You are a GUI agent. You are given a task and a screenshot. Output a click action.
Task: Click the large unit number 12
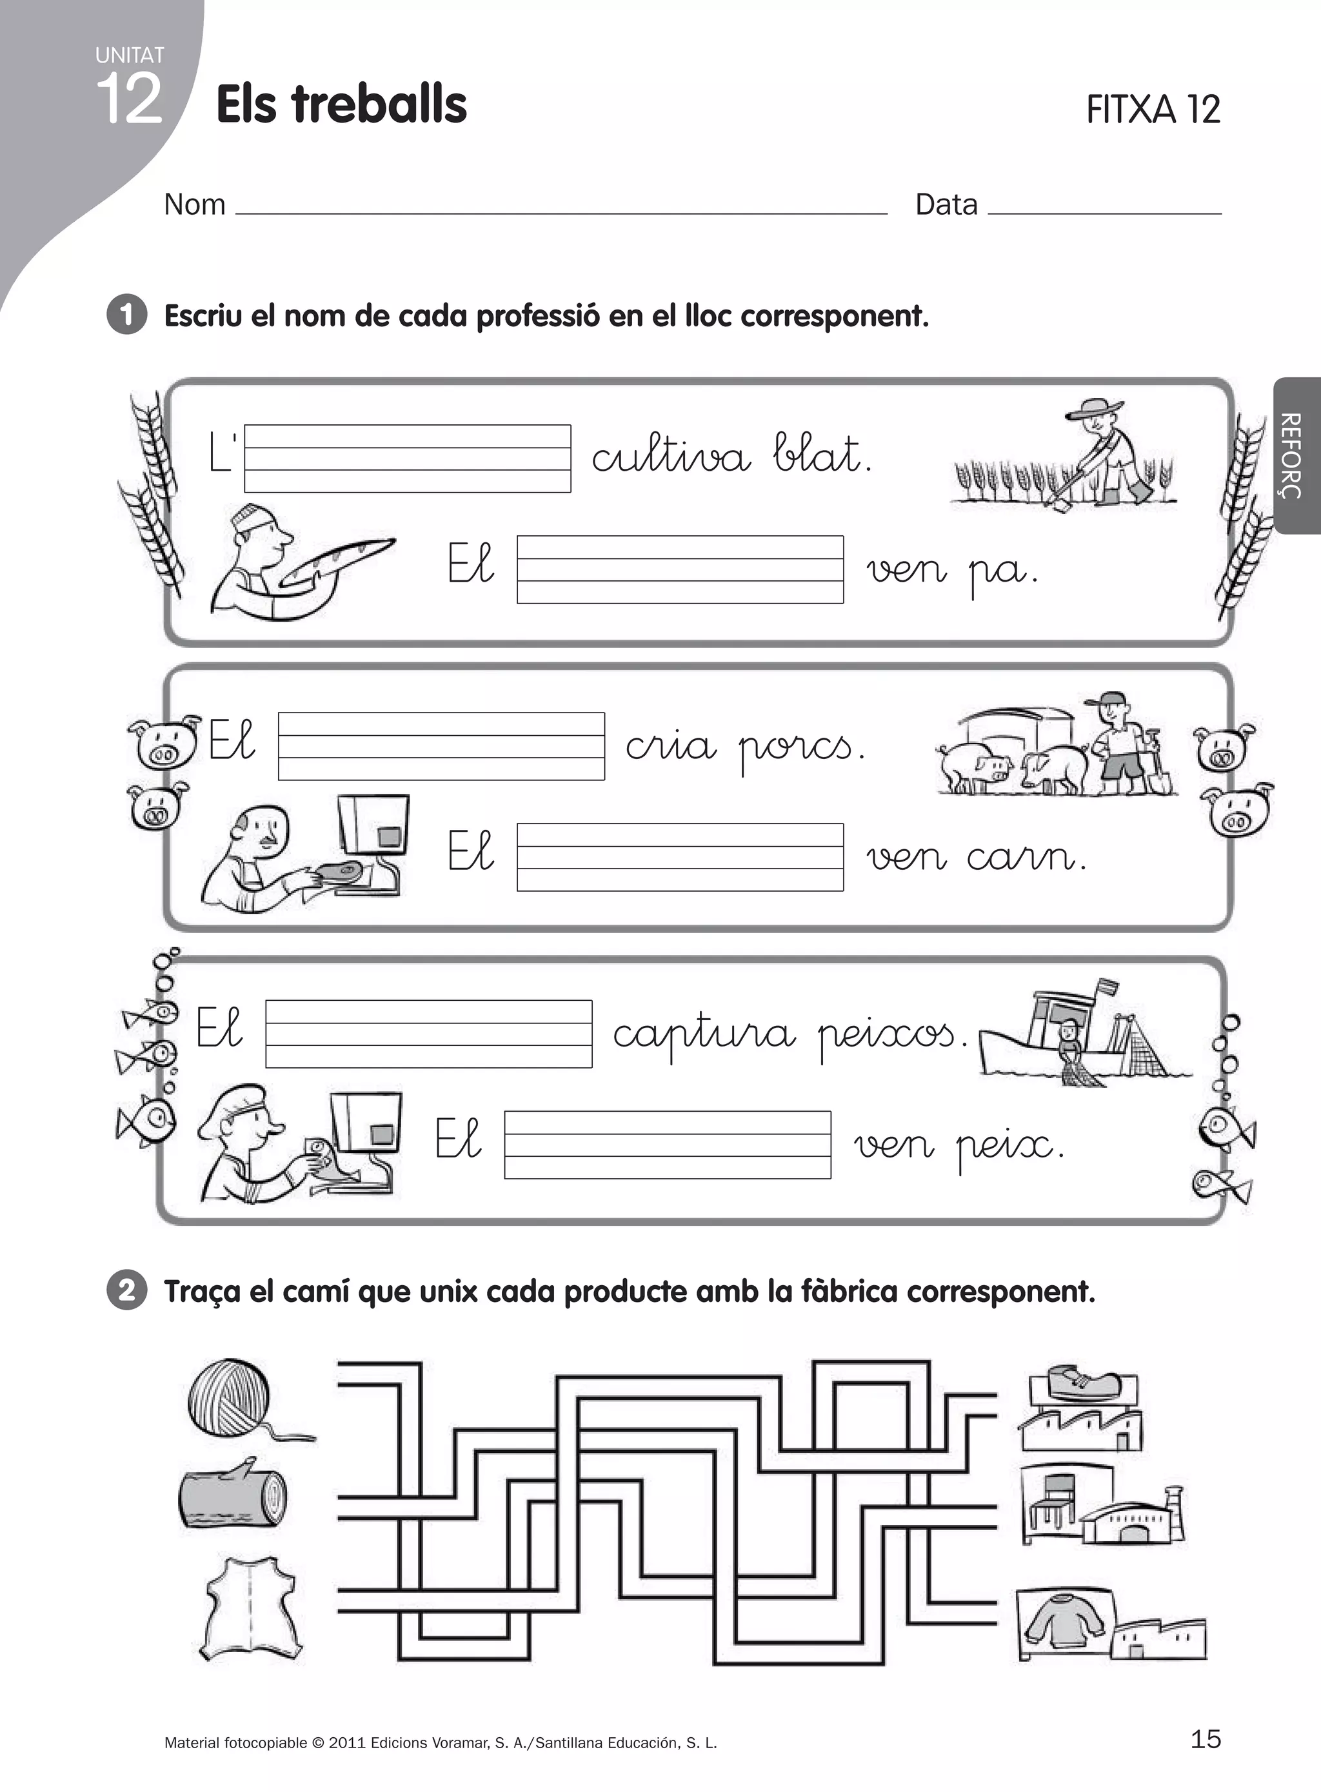click(129, 99)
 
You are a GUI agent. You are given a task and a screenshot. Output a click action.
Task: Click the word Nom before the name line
click(194, 204)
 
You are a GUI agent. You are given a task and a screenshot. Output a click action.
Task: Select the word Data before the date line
click(946, 204)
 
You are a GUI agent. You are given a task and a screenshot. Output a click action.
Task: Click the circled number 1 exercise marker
click(126, 314)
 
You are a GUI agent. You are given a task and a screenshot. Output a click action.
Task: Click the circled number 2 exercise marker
click(126, 1290)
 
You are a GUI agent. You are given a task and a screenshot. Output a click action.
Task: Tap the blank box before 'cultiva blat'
click(407, 458)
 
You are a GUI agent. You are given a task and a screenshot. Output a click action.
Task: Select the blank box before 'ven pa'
click(680, 569)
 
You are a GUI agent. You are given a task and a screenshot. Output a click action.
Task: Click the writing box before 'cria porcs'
click(441, 745)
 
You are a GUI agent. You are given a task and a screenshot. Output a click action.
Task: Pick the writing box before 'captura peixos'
click(428, 1034)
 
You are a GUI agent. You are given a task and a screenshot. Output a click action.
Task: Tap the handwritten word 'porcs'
click(801, 748)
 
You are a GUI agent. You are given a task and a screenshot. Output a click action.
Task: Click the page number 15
click(1205, 1738)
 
